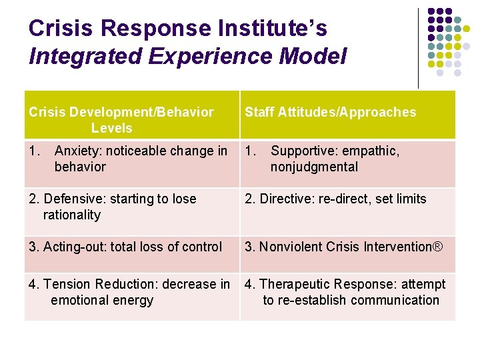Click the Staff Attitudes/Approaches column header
click(330, 112)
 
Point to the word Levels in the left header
click(112, 128)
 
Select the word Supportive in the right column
click(303, 151)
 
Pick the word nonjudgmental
click(314, 167)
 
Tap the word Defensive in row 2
click(69, 199)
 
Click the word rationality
click(72, 215)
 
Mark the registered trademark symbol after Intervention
click(437, 247)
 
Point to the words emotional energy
click(102, 300)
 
